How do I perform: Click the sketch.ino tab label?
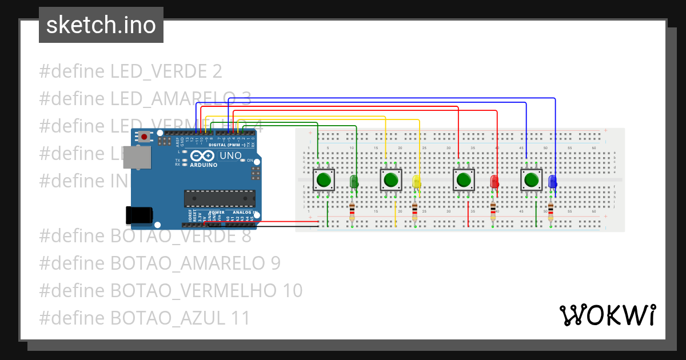coord(101,25)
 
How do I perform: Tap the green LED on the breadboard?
coord(354,182)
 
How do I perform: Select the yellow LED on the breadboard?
coord(416,182)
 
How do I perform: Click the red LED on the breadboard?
coord(494,182)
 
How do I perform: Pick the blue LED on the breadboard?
coord(552,182)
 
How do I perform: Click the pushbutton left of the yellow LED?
coord(391,181)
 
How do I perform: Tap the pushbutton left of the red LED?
coord(464,181)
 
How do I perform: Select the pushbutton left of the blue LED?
coord(532,181)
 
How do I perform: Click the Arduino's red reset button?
coord(145,137)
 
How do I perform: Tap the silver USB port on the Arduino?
coord(139,157)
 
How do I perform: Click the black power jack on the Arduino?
coord(139,215)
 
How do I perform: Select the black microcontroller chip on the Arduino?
coord(219,198)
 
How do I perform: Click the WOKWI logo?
coord(607,315)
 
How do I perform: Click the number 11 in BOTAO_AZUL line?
coord(240,318)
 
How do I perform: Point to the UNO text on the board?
coord(230,155)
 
